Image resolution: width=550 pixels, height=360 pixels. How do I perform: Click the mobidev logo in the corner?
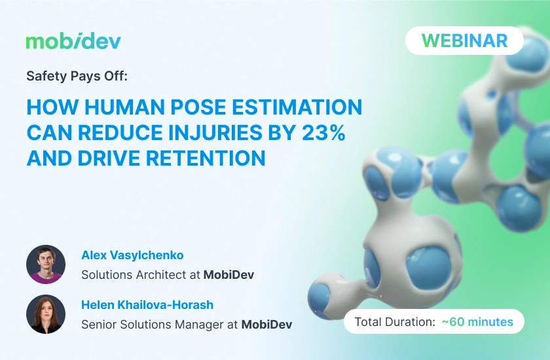click(73, 42)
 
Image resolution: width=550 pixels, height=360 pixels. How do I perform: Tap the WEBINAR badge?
click(464, 41)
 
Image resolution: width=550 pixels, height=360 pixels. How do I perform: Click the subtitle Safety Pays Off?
click(77, 76)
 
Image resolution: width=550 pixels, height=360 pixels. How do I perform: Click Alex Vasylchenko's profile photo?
click(46, 264)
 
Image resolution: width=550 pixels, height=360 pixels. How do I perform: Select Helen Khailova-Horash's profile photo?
click(46, 314)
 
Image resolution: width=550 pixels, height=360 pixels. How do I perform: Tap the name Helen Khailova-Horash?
click(147, 304)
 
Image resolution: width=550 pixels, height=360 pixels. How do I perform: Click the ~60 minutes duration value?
click(477, 321)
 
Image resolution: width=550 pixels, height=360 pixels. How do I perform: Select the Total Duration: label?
click(395, 321)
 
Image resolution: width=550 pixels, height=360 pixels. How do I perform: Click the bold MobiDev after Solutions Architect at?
click(229, 275)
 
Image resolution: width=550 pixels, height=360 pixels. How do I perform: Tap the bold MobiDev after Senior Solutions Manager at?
click(266, 324)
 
